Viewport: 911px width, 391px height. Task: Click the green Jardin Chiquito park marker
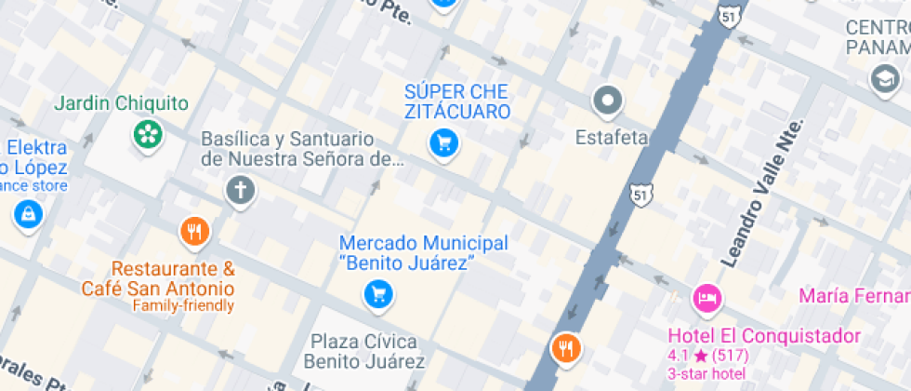pyautogui.click(x=147, y=134)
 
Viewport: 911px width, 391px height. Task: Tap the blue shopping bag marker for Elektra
pyautogui.click(x=28, y=215)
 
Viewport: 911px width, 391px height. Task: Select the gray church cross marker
pyautogui.click(x=240, y=192)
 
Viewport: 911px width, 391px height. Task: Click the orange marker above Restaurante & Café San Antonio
pyautogui.click(x=193, y=231)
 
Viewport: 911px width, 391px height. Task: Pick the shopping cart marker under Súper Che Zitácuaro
pyautogui.click(x=443, y=142)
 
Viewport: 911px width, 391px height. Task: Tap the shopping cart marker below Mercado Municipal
pyautogui.click(x=377, y=295)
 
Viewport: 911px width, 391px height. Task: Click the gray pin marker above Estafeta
pyautogui.click(x=608, y=99)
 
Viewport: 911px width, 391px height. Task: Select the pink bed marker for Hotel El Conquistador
pyautogui.click(x=706, y=299)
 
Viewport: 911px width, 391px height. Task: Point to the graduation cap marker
pyautogui.click(x=880, y=78)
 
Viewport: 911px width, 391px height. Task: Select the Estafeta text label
pyautogui.click(x=611, y=138)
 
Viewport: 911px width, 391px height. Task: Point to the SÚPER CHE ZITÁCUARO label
pyautogui.click(x=456, y=101)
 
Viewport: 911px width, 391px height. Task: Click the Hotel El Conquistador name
pyautogui.click(x=764, y=336)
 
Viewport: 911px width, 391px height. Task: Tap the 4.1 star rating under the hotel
pyautogui.click(x=707, y=355)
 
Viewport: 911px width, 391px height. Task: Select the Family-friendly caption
pyautogui.click(x=183, y=305)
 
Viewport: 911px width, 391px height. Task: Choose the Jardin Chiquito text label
pyautogui.click(x=121, y=103)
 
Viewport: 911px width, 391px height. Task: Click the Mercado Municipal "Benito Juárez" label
pyautogui.click(x=423, y=252)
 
